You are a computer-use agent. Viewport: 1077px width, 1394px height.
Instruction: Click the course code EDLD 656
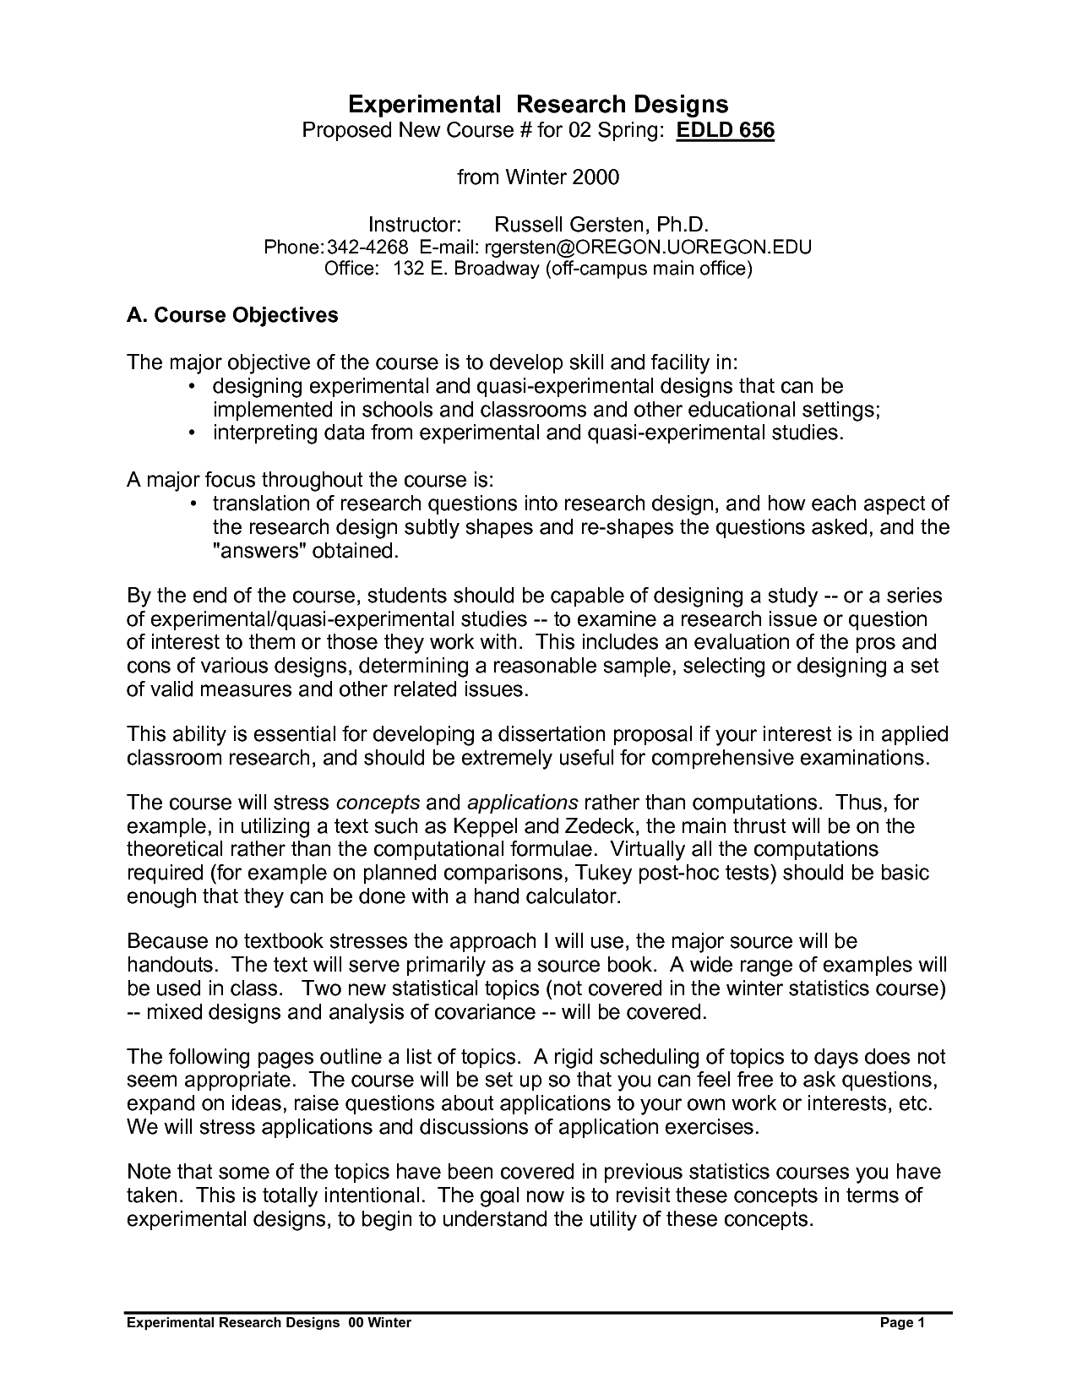coord(726,131)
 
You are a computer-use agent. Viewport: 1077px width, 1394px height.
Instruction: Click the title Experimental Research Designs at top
coord(538,104)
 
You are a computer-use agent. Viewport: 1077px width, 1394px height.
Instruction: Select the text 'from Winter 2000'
coord(538,177)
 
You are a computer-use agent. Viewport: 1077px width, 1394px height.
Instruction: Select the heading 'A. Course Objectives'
coord(232,315)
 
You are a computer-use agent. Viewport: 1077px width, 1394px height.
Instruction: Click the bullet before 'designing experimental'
coord(192,387)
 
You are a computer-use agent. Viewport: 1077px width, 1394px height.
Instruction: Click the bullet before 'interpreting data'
coord(192,434)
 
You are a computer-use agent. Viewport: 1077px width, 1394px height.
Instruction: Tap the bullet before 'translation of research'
coord(192,504)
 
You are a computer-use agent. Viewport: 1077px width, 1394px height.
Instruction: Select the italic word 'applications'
coord(522,802)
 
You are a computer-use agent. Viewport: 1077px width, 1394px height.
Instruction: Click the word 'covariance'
coord(485,1012)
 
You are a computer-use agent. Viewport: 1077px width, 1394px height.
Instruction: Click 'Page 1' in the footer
coord(903,1322)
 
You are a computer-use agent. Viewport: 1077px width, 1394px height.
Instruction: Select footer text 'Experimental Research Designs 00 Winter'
coord(269,1322)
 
